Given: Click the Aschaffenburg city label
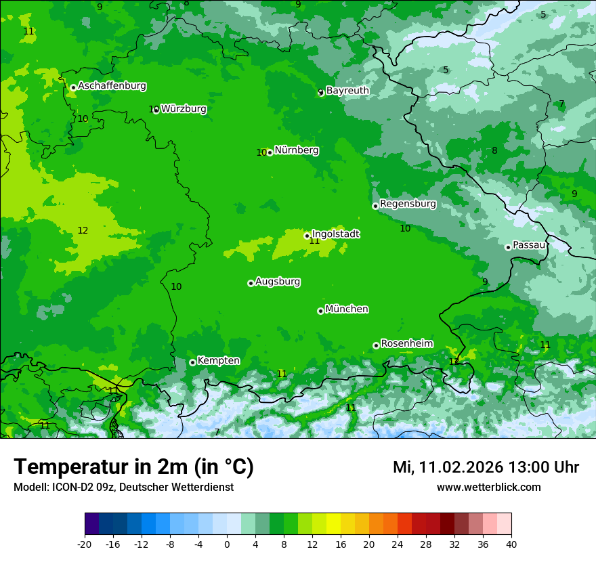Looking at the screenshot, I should pos(112,86).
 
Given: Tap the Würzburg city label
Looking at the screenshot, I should pos(184,108).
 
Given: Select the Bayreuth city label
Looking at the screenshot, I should pos(347,90).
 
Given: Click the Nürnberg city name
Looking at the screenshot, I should pos(296,150).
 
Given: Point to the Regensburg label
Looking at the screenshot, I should pos(408,204).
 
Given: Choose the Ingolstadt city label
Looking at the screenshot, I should pos(335,234).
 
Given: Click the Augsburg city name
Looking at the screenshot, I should pos(278,282).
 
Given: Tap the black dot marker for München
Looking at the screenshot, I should pos(320,311).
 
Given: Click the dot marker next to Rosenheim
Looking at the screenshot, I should pos(376,346).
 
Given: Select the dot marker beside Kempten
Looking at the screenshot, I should pos(192,362).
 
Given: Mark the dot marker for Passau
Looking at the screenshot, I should pos(508,247).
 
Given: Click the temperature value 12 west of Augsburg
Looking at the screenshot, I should pos(83,231).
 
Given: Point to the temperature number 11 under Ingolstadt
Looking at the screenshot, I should pos(314,241).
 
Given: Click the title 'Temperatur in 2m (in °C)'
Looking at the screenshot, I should pos(133,467).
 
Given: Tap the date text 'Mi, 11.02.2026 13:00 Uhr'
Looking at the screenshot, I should pos(486,467).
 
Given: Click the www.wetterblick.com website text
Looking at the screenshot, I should pos(488,487).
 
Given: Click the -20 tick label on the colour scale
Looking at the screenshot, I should pos(85,544).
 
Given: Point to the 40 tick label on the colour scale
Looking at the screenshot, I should pos(511,544).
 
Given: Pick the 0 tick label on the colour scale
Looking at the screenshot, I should pos(227,544).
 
